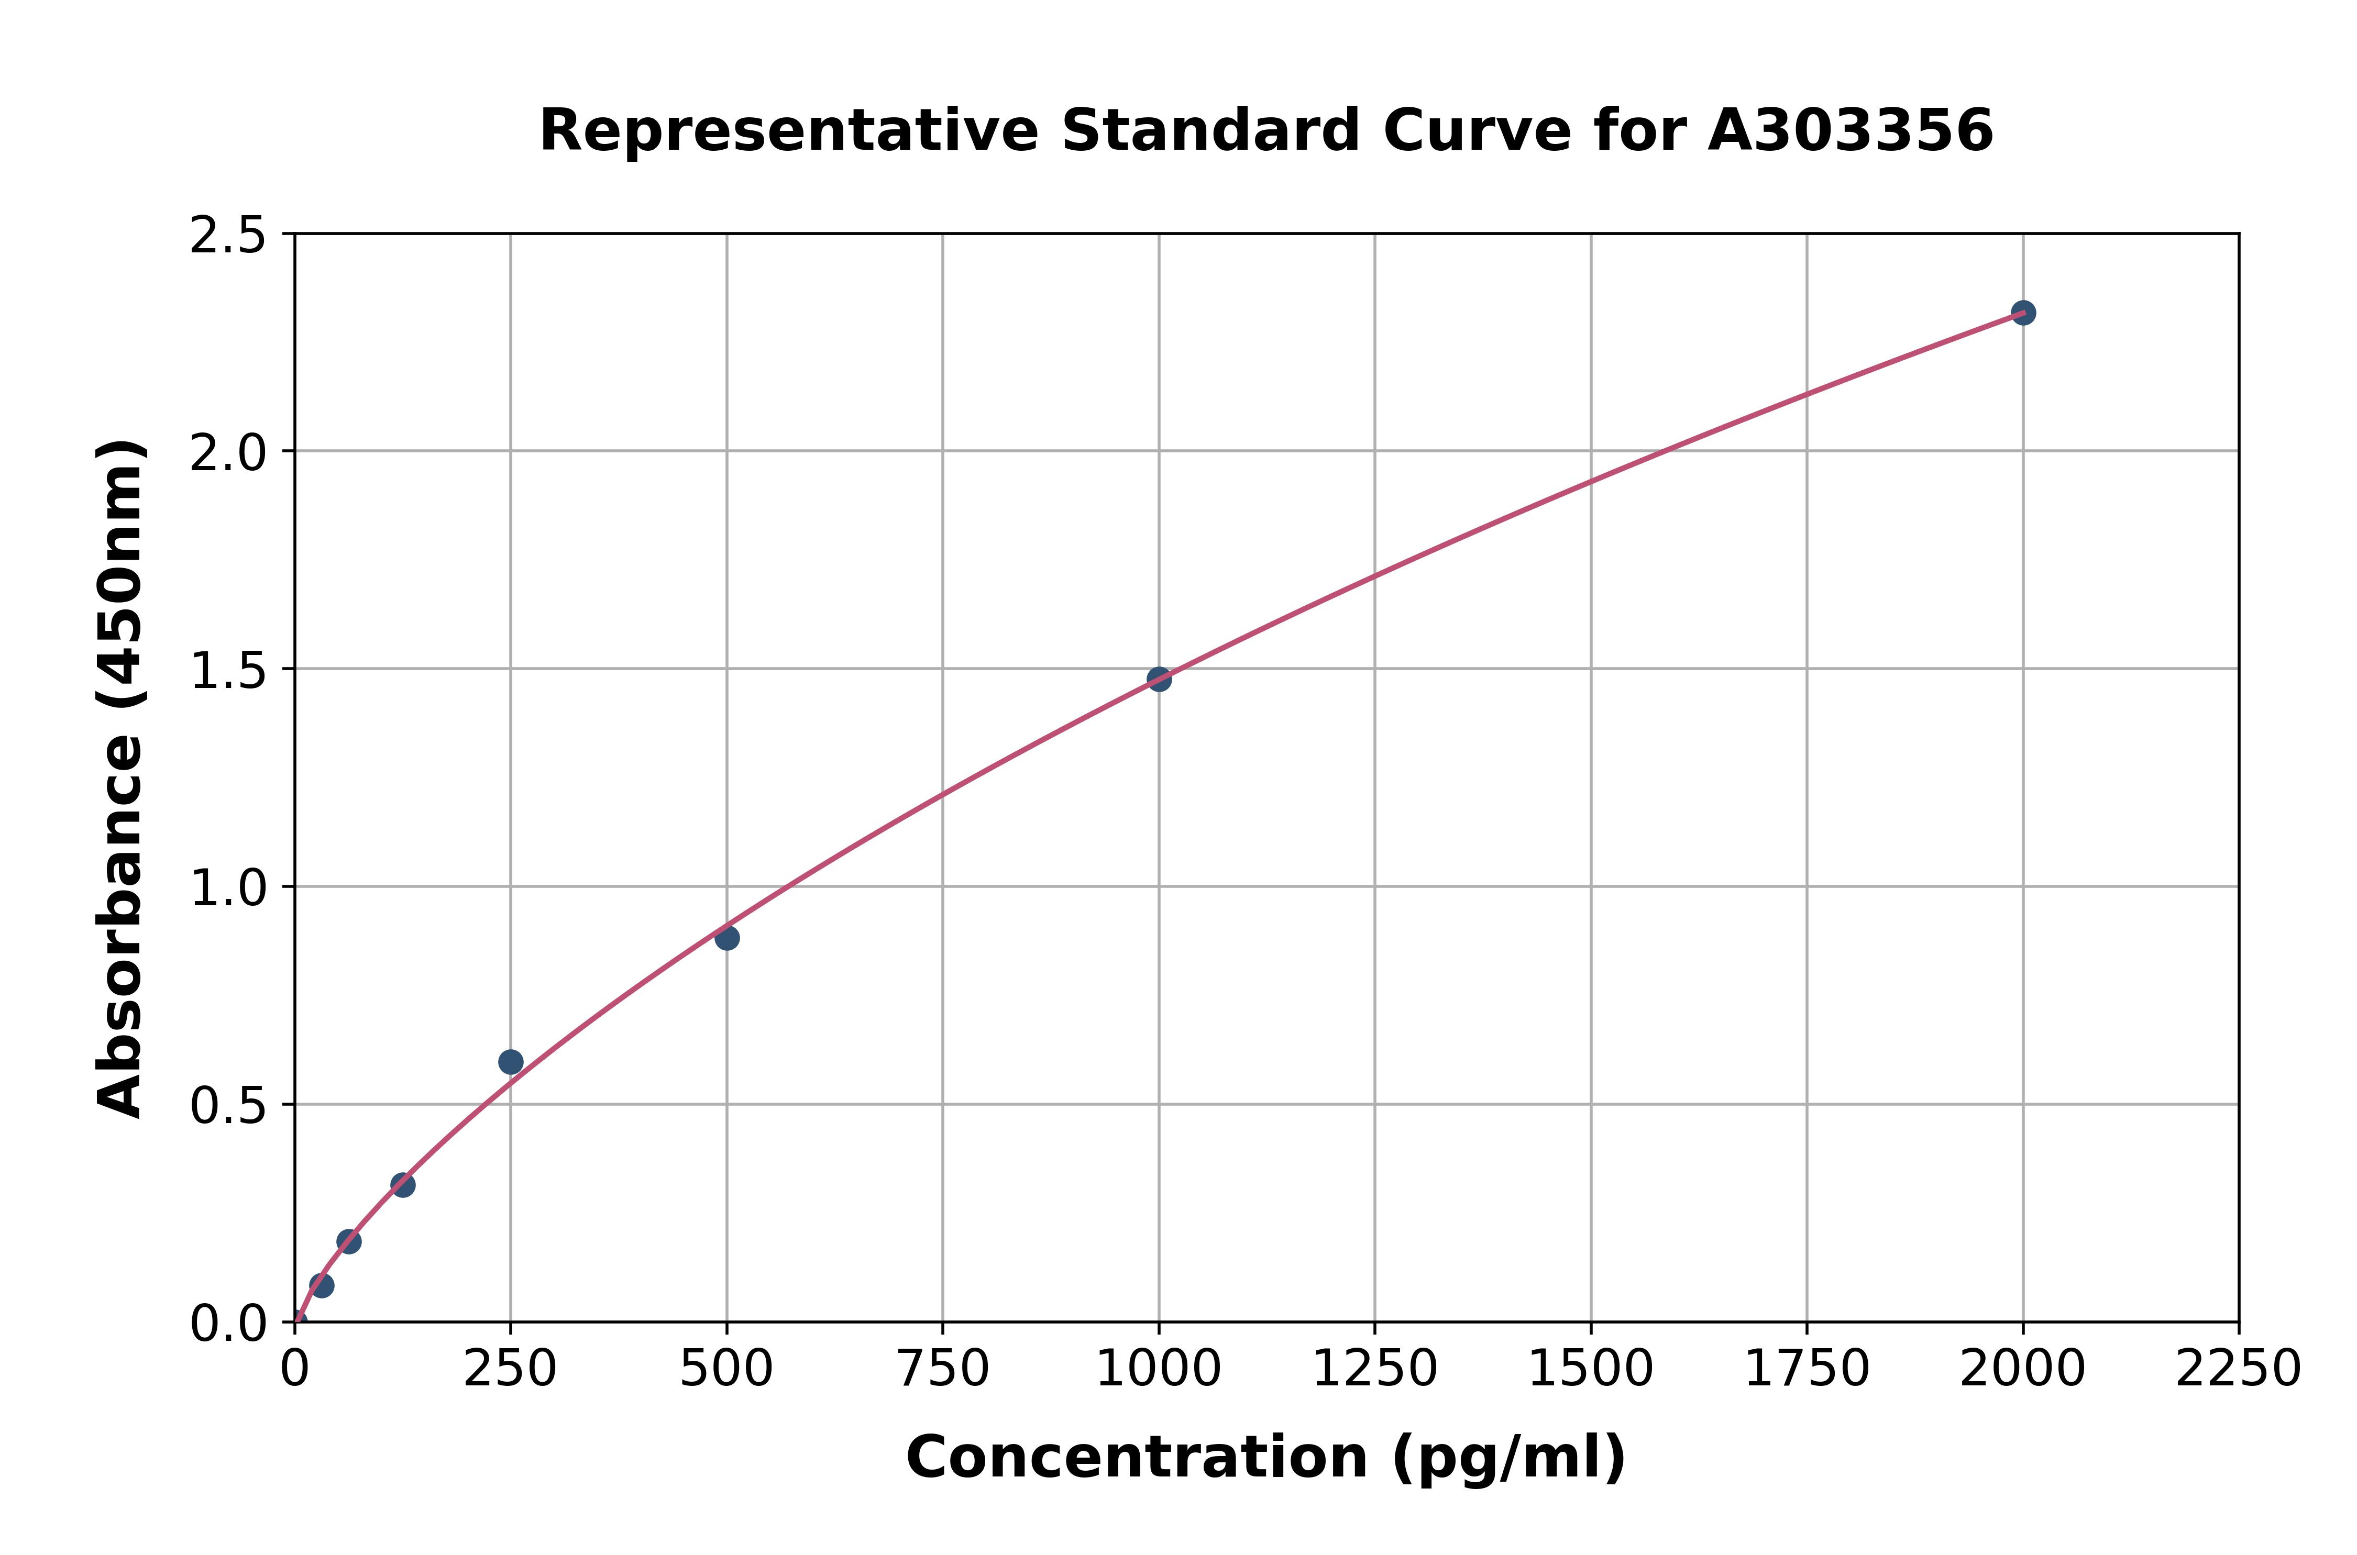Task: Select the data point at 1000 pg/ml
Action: click(1159, 679)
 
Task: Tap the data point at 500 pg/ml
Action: click(727, 937)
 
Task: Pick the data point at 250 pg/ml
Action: click(511, 1062)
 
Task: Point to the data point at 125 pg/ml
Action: click(403, 1185)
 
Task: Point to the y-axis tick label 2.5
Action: click(228, 236)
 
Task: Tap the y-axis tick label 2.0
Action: click(228, 453)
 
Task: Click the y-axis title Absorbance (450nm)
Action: click(121, 779)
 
